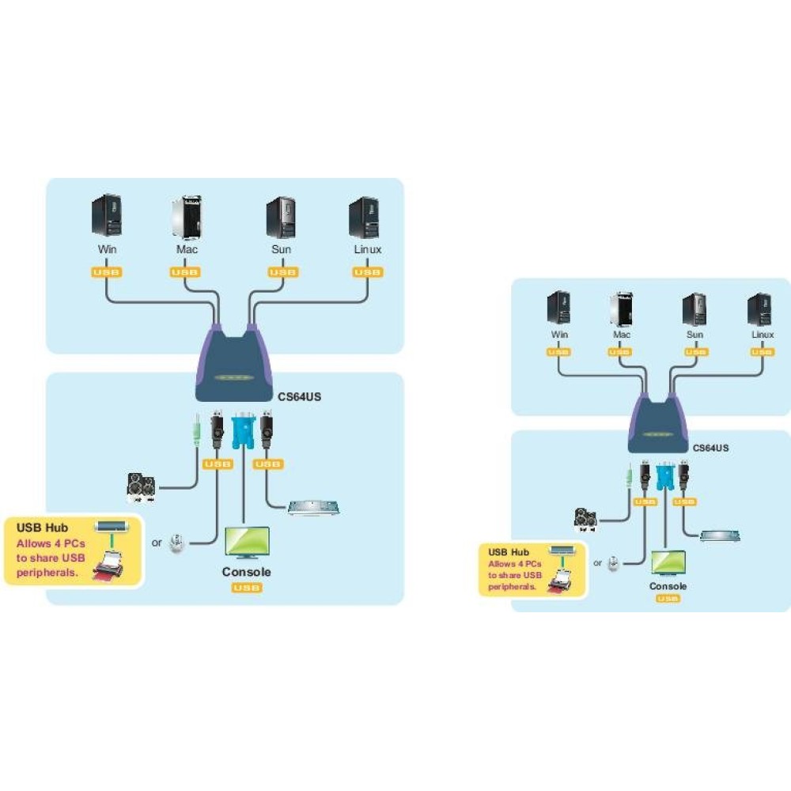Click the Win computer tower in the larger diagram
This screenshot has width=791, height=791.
click(x=107, y=216)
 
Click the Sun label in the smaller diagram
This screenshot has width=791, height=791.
click(x=694, y=335)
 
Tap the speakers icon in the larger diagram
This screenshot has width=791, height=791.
click(x=141, y=488)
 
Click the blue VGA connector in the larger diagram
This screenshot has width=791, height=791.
click(x=242, y=433)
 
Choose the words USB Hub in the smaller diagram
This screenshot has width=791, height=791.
click(x=508, y=552)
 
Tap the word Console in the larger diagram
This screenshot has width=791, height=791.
click(x=246, y=572)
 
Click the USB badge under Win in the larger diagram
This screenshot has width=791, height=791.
click(x=106, y=272)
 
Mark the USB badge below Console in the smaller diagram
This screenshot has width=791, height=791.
click(x=668, y=599)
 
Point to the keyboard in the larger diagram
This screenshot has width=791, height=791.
click(x=313, y=507)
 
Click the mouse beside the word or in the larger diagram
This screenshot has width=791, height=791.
click(x=177, y=543)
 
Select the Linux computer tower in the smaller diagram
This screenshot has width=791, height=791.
click(x=759, y=309)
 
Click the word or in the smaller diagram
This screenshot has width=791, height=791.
click(x=598, y=563)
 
